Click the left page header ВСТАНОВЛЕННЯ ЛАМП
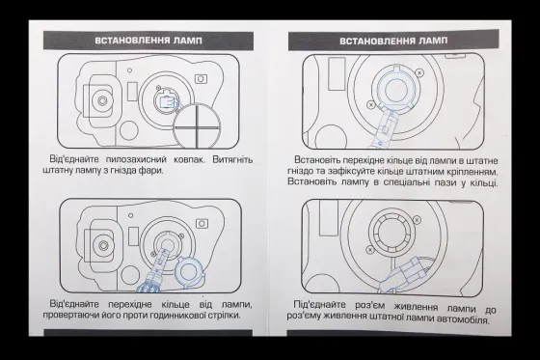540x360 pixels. [143, 42]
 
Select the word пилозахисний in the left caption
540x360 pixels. [135, 155]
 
